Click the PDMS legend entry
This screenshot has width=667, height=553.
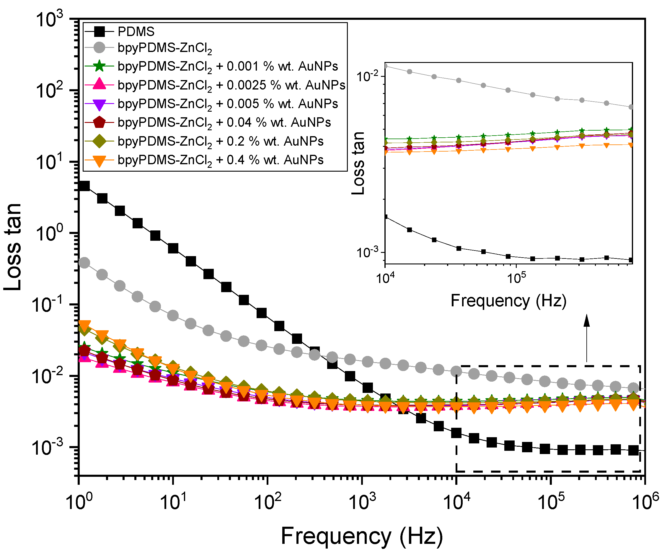136,32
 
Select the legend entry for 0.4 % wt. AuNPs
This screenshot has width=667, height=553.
220,160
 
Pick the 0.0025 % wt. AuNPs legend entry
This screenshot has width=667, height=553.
231,85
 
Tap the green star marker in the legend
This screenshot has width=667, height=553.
100,66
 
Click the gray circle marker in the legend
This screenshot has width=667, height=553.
100,48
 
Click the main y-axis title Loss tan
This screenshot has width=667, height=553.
13,247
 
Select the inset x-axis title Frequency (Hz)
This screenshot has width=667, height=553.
508,300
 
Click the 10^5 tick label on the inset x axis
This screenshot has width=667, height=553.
516,278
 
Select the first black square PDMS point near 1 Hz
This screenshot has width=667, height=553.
84,186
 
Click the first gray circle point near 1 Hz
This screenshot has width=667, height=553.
84,263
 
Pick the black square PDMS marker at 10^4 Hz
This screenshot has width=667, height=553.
456,432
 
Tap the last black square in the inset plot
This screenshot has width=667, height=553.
630,260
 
